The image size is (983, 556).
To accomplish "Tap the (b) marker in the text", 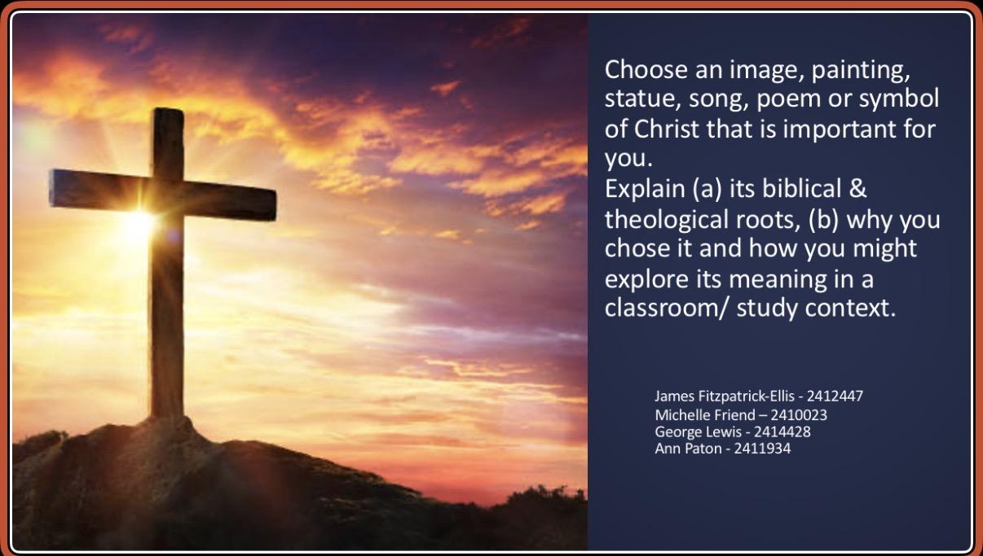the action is (824, 220).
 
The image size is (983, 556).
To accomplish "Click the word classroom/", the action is (666, 308).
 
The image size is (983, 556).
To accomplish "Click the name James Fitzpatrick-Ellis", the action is (725, 396).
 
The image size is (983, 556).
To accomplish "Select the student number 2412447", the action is (835, 396).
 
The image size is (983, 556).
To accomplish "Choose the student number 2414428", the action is (782, 432).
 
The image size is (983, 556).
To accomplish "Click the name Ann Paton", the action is (688, 449).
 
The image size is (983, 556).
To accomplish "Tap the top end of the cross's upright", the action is (169, 110).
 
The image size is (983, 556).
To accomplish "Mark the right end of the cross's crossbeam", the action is (275, 204).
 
